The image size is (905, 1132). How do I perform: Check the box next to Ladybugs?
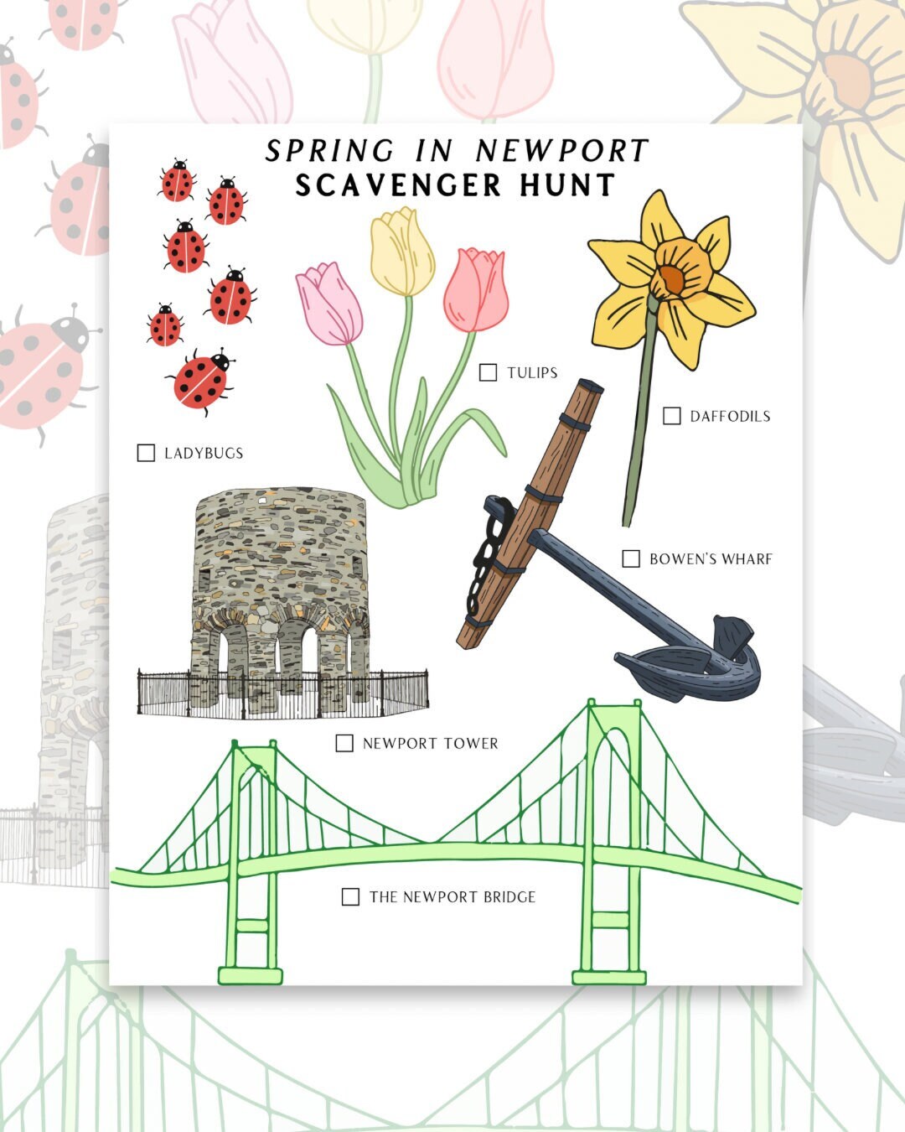pyautogui.click(x=146, y=453)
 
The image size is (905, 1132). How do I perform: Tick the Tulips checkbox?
pyautogui.click(x=488, y=372)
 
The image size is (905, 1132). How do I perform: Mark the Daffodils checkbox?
pyautogui.click(x=671, y=416)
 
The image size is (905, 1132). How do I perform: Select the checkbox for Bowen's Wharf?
pyautogui.click(x=631, y=558)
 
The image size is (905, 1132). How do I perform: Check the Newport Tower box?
pyautogui.click(x=344, y=743)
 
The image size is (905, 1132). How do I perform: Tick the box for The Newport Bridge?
pyautogui.click(x=350, y=896)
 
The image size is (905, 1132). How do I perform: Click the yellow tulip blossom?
pyautogui.click(x=402, y=252)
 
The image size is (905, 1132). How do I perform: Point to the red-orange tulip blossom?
pyautogui.click(x=476, y=289)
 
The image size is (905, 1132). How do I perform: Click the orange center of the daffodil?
pyautogui.click(x=670, y=277)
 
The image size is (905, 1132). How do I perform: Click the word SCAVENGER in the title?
pyautogui.click(x=398, y=185)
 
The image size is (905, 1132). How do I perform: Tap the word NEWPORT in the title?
pyautogui.click(x=562, y=151)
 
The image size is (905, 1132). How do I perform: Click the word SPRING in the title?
pyautogui.click(x=329, y=151)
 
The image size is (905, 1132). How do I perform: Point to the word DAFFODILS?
pyautogui.click(x=730, y=416)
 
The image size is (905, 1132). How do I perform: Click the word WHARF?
pyautogui.click(x=749, y=558)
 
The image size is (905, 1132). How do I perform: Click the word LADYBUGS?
pyautogui.click(x=204, y=453)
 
